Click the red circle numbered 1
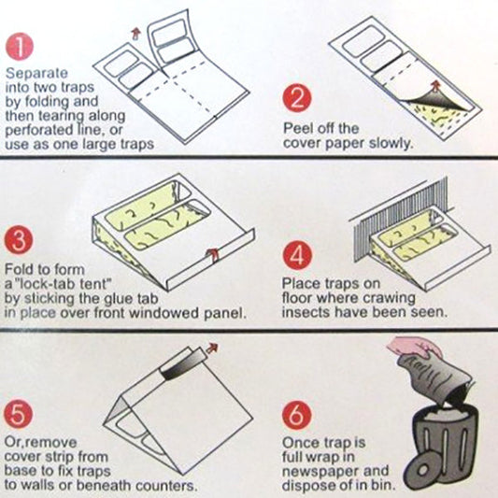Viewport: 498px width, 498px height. (x=20, y=47)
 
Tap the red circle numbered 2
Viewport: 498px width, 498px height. (x=297, y=97)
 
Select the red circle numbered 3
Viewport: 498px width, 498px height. (x=19, y=240)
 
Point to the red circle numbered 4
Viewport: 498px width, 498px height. (x=297, y=256)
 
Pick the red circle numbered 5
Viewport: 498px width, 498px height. (x=19, y=414)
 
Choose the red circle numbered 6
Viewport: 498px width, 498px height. (x=296, y=415)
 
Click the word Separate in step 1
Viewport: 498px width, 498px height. (x=36, y=74)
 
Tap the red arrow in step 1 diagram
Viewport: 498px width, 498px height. (x=135, y=34)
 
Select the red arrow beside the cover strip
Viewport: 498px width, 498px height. (x=212, y=349)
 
